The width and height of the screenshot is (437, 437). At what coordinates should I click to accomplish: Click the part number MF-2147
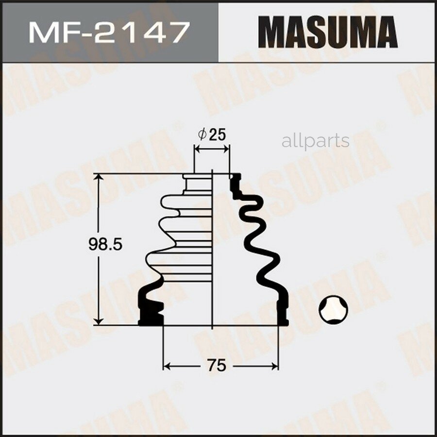[108, 32]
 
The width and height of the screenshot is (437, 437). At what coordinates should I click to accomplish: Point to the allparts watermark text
[315, 141]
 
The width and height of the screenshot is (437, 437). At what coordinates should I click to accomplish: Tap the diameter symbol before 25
[203, 134]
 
